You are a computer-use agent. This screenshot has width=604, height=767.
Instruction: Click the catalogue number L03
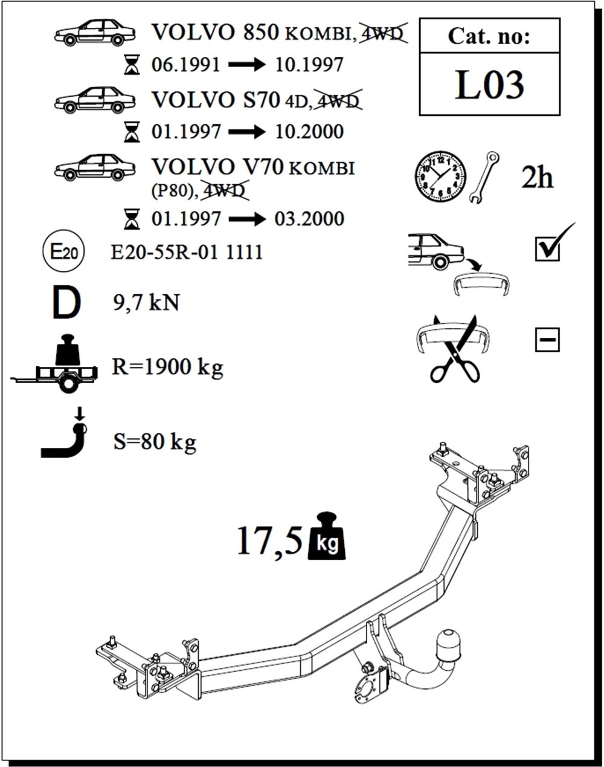(489, 85)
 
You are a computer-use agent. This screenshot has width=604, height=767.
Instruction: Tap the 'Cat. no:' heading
(489, 37)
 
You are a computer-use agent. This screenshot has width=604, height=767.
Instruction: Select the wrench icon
(485, 176)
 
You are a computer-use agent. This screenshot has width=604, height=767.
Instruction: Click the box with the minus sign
(547, 340)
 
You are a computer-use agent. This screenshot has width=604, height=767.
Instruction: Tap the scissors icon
(454, 351)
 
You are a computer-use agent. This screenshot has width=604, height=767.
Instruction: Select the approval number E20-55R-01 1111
(187, 251)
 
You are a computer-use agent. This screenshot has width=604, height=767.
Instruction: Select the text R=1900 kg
(167, 366)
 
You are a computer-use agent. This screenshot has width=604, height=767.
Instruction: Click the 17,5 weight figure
(269, 539)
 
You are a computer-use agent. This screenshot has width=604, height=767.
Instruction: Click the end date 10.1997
(309, 64)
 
